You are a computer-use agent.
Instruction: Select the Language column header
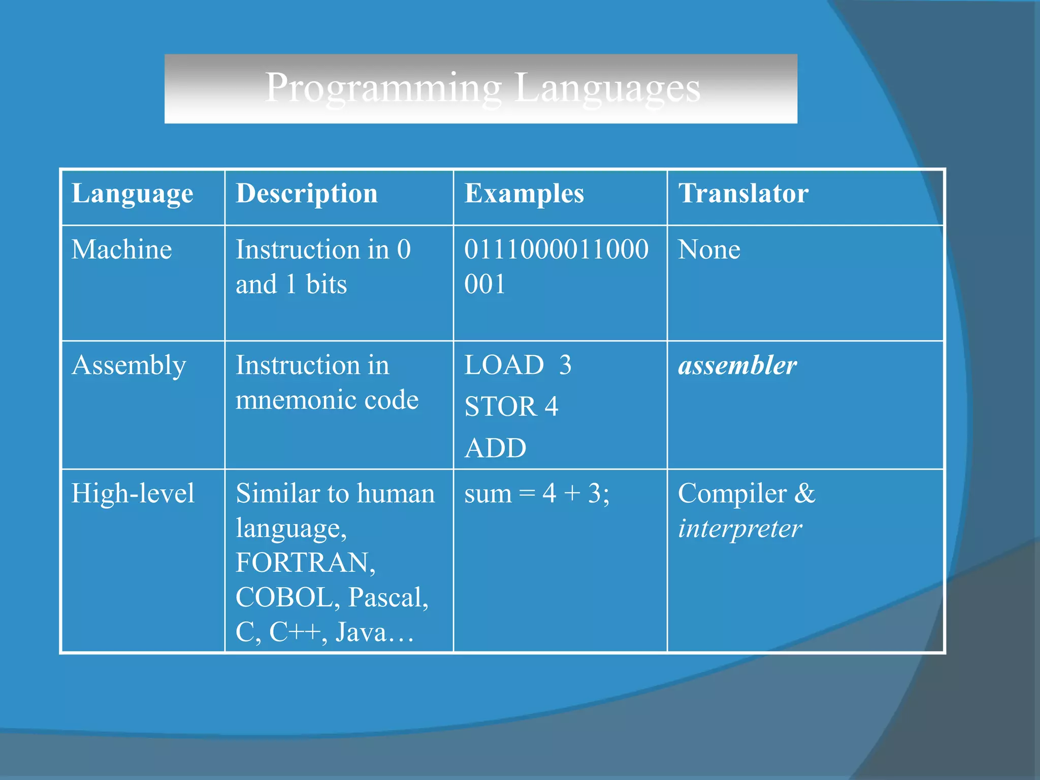(132, 194)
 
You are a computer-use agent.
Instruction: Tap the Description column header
(307, 194)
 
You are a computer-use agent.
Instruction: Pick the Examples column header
(524, 194)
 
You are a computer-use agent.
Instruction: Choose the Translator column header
(743, 194)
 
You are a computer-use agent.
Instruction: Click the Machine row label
(122, 250)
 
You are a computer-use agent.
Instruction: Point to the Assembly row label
(129, 366)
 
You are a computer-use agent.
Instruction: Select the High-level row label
(133, 494)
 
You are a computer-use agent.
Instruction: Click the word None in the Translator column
(709, 250)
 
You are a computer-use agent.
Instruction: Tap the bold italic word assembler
(737, 366)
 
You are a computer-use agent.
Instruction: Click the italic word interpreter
(740, 529)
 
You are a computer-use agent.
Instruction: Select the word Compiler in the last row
(732, 494)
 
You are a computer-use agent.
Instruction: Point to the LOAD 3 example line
(518, 366)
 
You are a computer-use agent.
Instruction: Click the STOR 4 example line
(511, 407)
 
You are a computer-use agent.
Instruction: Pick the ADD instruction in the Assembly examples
(496, 448)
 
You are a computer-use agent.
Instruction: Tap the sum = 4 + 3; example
(537, 494)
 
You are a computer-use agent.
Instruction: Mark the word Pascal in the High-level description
(388, 598)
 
